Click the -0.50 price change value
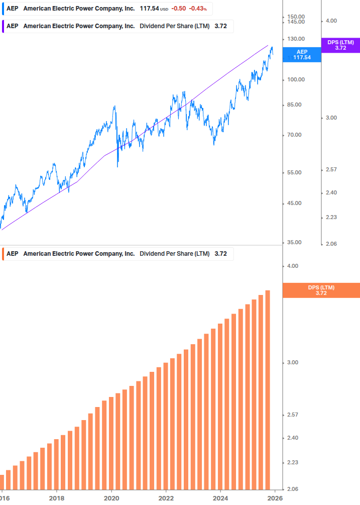point(179,9)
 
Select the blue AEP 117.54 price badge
point(302,55)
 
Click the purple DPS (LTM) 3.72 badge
point(340,45)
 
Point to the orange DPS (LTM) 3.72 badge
point(321,290)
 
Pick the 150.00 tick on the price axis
point(296,17)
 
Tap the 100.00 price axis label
point(296,79)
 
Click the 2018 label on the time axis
point(56,498)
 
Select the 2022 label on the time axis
point(166,498)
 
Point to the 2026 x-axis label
point(274,498)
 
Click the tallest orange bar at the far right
point(268,389)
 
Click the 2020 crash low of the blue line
point(118,166)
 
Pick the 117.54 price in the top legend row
point(149,9)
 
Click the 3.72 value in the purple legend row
point(220,26)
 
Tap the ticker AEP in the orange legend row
point(12,254)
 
